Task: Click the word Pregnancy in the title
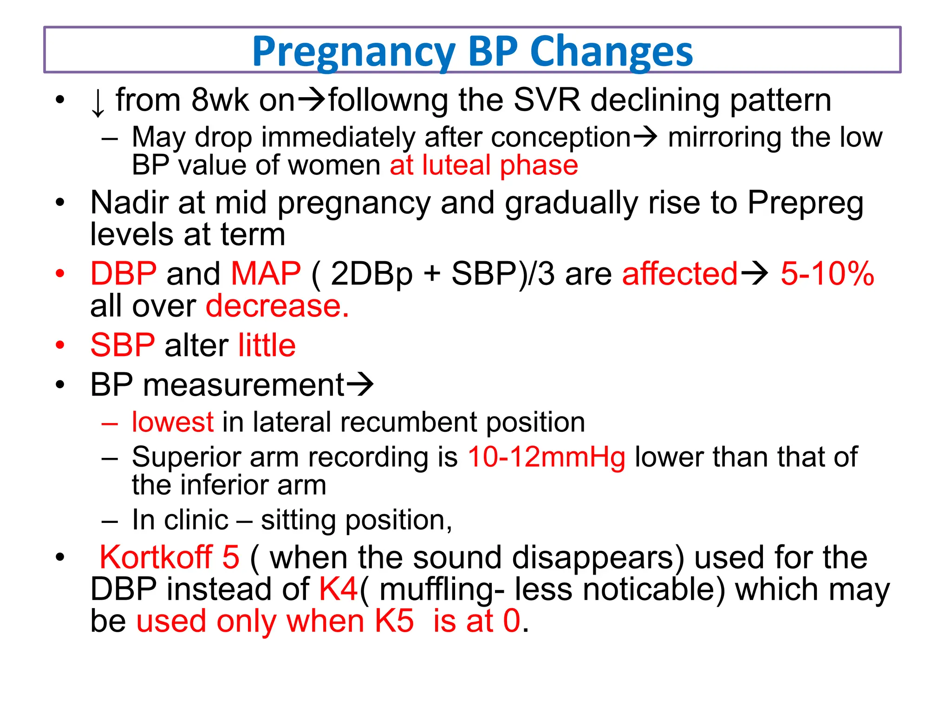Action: [353, 52]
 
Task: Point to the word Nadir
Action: [128, 203]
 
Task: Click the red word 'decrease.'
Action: [277, 306]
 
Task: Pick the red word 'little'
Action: [267, 345]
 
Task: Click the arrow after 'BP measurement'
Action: [360, 385]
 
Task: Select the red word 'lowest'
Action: [172, 422]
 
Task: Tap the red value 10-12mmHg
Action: [546, 457]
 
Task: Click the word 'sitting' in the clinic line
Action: [298, 520]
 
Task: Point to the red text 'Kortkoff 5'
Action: [169, 557]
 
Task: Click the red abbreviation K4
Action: [338, 589]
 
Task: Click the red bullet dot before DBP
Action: [60, 273]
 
